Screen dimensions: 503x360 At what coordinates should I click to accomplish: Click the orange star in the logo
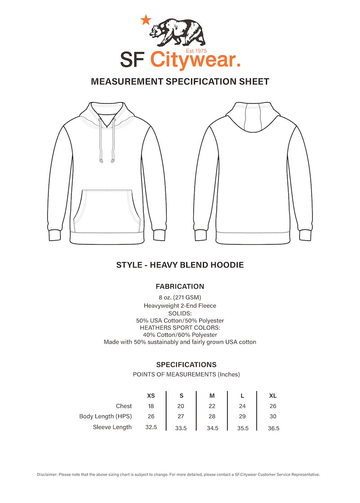[146, 20]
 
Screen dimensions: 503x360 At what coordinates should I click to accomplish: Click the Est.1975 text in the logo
[196, 51]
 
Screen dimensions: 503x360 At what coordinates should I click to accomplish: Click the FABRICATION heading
[180, 286]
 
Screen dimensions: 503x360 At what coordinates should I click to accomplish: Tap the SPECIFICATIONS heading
[186, 365]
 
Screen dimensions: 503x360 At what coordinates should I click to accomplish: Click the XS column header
[151, 396]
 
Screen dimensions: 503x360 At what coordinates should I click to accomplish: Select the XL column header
[273, 396]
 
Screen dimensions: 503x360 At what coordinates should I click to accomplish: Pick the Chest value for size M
[212, 406]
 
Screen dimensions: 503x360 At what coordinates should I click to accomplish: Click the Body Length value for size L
[243, 417]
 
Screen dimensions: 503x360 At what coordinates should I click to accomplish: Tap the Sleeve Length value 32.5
[151, 427]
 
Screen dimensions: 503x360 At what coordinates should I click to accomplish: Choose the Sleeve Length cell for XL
[274, 428]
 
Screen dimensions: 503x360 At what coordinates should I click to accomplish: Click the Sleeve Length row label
[112, 427]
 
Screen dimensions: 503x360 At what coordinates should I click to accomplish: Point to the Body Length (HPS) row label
[105, 417]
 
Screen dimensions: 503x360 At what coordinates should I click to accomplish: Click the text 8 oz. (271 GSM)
[180, 297]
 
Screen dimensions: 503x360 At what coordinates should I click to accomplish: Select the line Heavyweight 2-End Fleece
[180, 306]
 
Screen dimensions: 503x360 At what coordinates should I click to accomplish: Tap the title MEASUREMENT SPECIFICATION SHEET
[180, 82]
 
